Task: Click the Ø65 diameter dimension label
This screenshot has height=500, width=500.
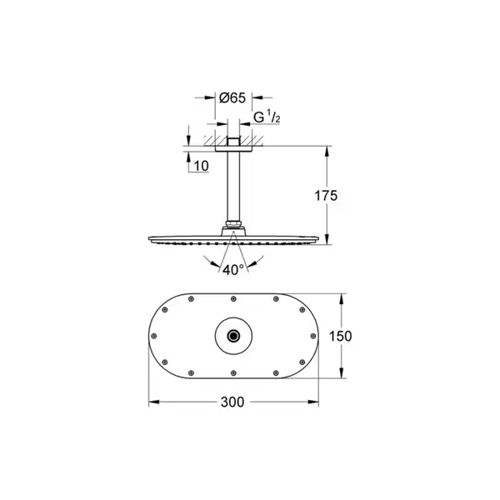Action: click(x=232, y=97)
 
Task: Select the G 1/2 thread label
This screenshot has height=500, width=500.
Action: click(x=267, y=117)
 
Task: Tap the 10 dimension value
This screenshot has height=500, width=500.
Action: click(x=201, y=166)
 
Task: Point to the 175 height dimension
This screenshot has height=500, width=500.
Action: click(x=326, y=196)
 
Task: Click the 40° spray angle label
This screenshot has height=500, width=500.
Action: click(x=233, y=270)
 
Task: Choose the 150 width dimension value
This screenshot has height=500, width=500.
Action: click(x=340, y=336)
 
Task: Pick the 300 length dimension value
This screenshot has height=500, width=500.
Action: click(x=232, y=402)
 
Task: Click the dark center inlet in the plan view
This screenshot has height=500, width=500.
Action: click(x=233, y=336)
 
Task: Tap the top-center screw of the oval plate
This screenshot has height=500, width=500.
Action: click(x=233, y=299)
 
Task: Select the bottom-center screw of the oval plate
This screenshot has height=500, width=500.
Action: click(x=233, y=373)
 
